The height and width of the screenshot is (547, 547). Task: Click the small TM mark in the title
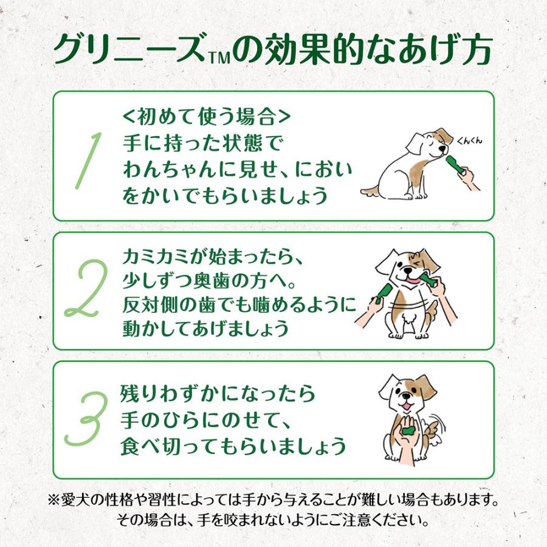(x=220, y=59)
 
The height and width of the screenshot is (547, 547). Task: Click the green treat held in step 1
(x=456, y=164)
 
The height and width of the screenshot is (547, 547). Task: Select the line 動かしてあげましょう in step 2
(x=204, y=328)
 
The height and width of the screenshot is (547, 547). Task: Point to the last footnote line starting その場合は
(x=273, y=521)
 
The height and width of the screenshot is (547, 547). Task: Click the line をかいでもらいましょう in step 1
(x=225, y=196)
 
